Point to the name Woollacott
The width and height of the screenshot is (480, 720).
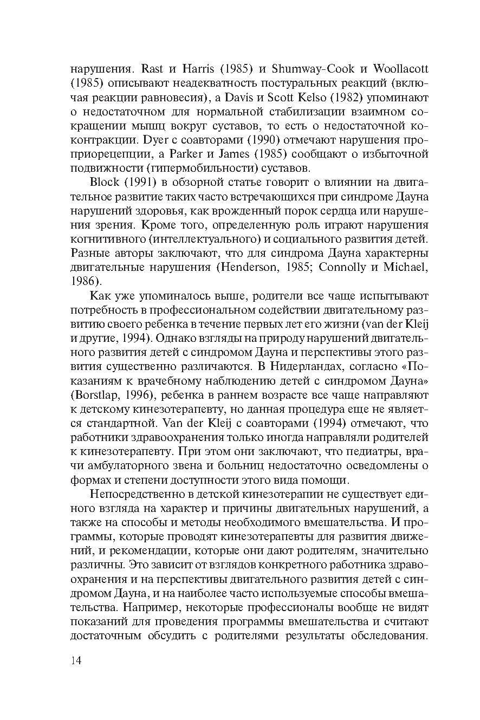coord(398,69)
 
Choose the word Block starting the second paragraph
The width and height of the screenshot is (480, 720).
coord(105,181)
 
